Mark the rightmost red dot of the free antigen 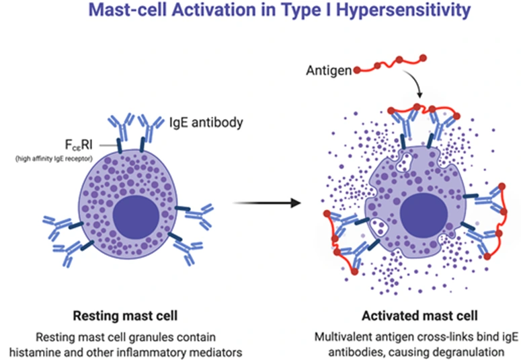pos(423,58)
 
